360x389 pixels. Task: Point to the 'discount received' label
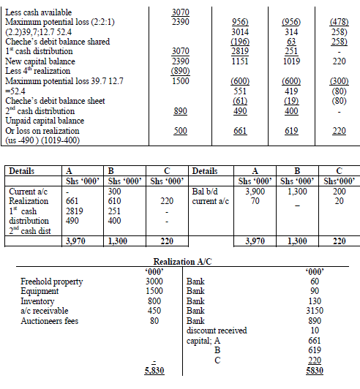pos(217,329)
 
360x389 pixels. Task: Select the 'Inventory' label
pos(37,301)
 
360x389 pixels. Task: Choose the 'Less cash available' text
pos(38,12)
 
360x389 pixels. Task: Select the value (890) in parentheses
pos(179,71)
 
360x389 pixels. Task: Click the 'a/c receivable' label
pos(44,310)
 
